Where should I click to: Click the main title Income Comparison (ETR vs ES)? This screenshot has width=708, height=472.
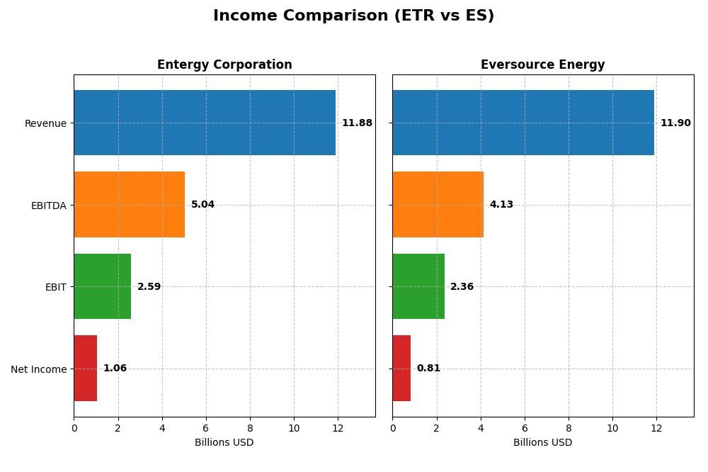point(353,16)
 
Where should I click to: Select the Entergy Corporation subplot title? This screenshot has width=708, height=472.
point(224,65)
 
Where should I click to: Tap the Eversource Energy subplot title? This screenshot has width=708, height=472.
point(542,65)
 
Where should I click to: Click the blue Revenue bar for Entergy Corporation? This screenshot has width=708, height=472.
point(205,123)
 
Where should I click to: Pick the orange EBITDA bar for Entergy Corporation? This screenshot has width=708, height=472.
point(129,205)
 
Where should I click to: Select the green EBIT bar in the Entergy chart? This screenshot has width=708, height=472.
point(102,286)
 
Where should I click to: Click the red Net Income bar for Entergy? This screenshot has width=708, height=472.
point(85,369)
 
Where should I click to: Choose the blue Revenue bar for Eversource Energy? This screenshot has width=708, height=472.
point(523,123)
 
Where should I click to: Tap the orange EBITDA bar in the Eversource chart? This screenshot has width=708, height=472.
point(438,205)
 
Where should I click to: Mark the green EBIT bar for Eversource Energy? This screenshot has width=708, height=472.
point(418,286)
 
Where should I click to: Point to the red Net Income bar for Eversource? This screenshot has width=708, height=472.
point(401,369)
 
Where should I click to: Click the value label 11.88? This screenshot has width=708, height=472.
point(357,123)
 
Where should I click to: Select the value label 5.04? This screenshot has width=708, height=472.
point(202,205)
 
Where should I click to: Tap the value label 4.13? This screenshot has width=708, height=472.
point(501,205)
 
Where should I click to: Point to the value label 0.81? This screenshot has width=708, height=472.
point(428,369)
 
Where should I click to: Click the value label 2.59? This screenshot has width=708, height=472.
point(149,287)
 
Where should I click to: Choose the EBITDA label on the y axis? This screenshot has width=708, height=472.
point(48,206)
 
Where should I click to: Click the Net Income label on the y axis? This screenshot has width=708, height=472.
point(39,369)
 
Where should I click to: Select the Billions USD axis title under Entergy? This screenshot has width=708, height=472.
point(224,443)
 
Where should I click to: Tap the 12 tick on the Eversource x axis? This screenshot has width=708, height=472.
point(656,428)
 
